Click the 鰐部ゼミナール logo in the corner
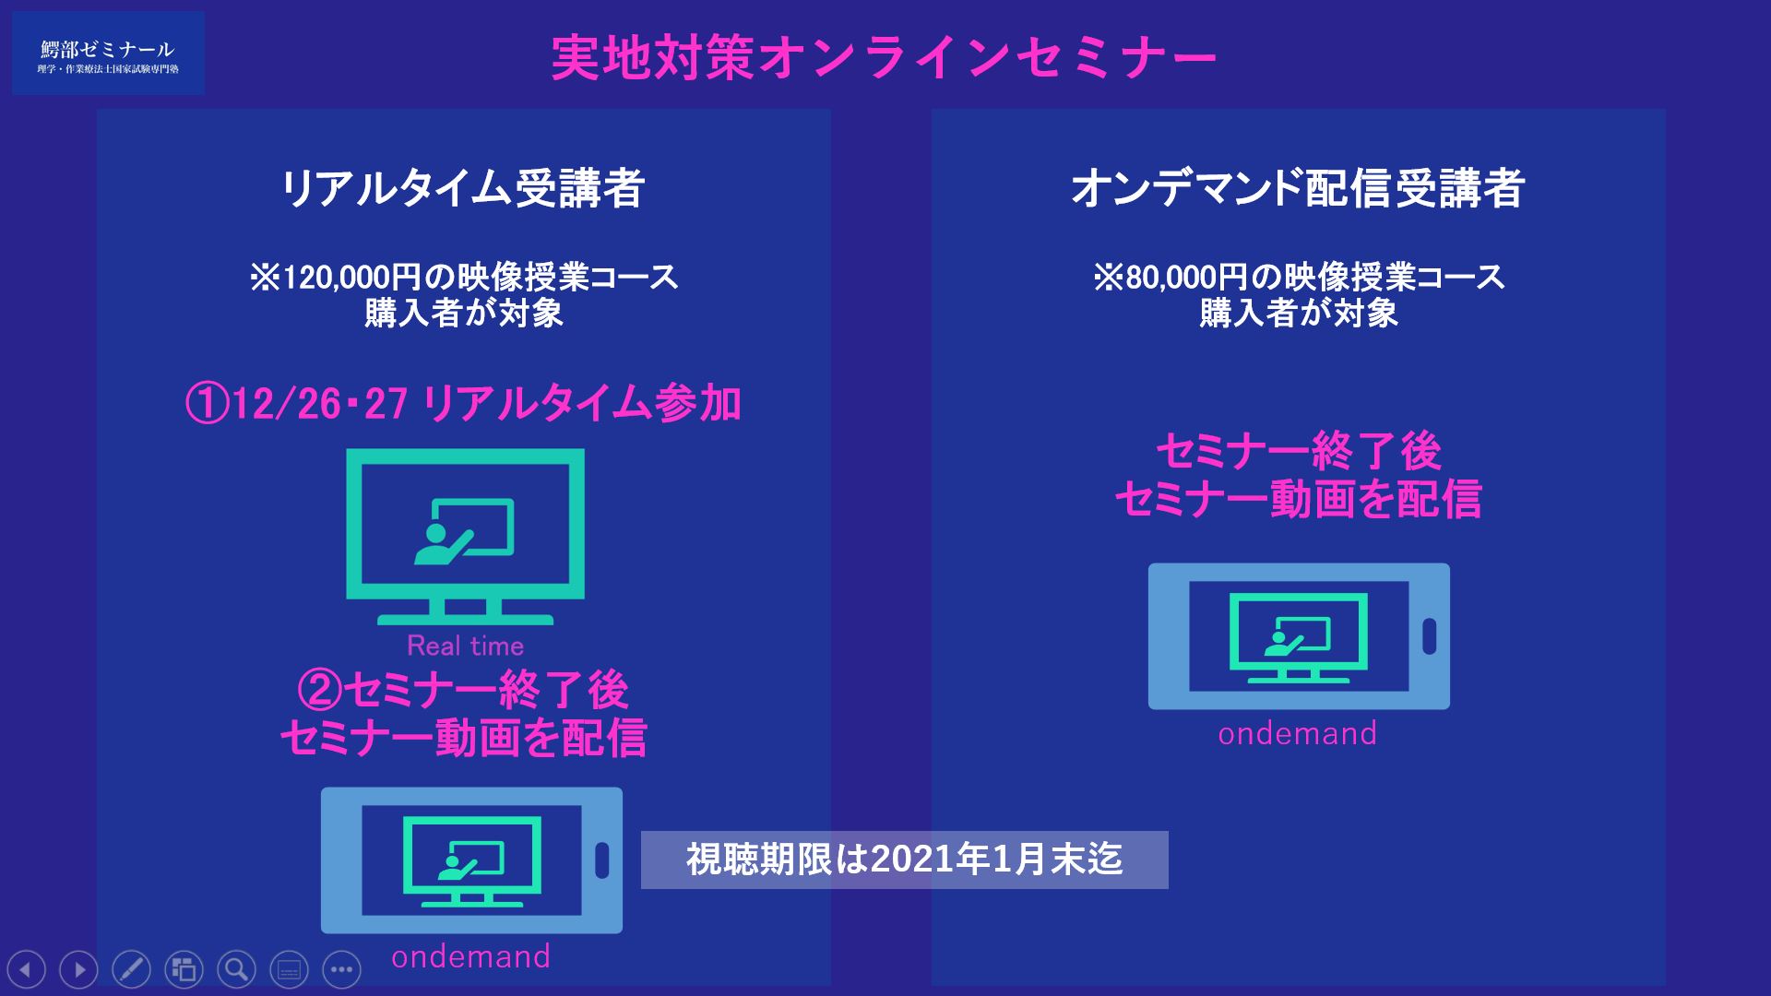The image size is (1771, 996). (x=108, y=53)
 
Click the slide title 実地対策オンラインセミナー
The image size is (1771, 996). (x=884, y=58)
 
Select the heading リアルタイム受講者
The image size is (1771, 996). (x=463, y=189)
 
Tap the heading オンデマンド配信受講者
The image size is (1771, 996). (x=1297, y=189)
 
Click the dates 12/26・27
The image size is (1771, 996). (x=320, y=404)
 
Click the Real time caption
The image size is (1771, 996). (x=465, y=646)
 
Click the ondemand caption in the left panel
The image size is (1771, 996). (x=470, y=956)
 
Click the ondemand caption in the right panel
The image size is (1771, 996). (x=1297, y=733)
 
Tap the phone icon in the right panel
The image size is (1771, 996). (x=1299, y=636)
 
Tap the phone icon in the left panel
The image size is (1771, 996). (x=471, y=860)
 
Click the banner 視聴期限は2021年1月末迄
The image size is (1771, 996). (x=904, y=860)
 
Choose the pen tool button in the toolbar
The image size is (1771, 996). (x=131, y=969)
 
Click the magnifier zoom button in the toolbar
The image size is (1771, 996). (x=236, y=969)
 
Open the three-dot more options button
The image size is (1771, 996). (x=341, y=969)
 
